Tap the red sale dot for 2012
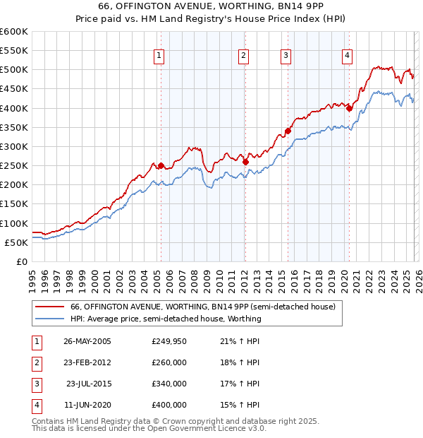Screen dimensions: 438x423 [x=245, y=162]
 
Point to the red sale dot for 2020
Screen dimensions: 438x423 [x=349, y=109]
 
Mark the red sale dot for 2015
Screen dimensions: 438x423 [x=288, y=131]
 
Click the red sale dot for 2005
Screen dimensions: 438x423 [x=161, y=166]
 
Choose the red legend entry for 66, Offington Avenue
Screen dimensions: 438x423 [x=207, y=307]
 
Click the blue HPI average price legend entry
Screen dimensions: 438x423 [x=166, y=319]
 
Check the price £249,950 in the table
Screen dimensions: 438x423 [x=169, y=341]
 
